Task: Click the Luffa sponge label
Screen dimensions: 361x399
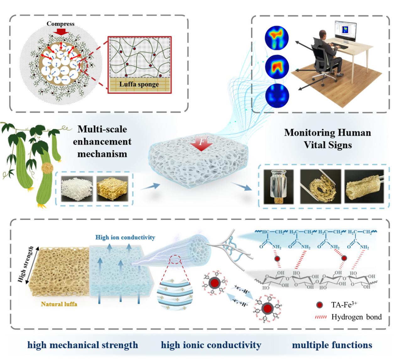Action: pos(139,84)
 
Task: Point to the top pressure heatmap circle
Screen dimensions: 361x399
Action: pos(274,35)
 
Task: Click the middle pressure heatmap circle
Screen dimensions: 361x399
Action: pos(274,66)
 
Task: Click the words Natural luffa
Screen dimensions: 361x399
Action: pos(59,304)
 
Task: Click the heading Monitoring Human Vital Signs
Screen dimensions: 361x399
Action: pos(327,138)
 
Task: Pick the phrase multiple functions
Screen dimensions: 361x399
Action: pos(332,345)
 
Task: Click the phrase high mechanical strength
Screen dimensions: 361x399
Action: pos(83,345)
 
